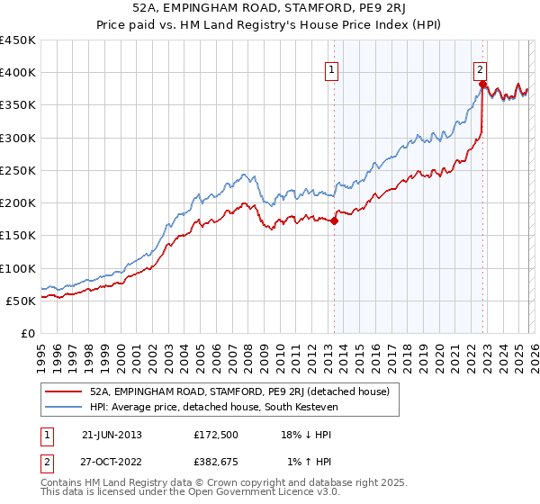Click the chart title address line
coord(270,9)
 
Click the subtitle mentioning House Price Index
coord(270,25)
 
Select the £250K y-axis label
coord(18,170)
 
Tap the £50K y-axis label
coord(22,301)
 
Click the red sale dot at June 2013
coord(334,220)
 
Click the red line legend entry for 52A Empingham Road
coord(239,391)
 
